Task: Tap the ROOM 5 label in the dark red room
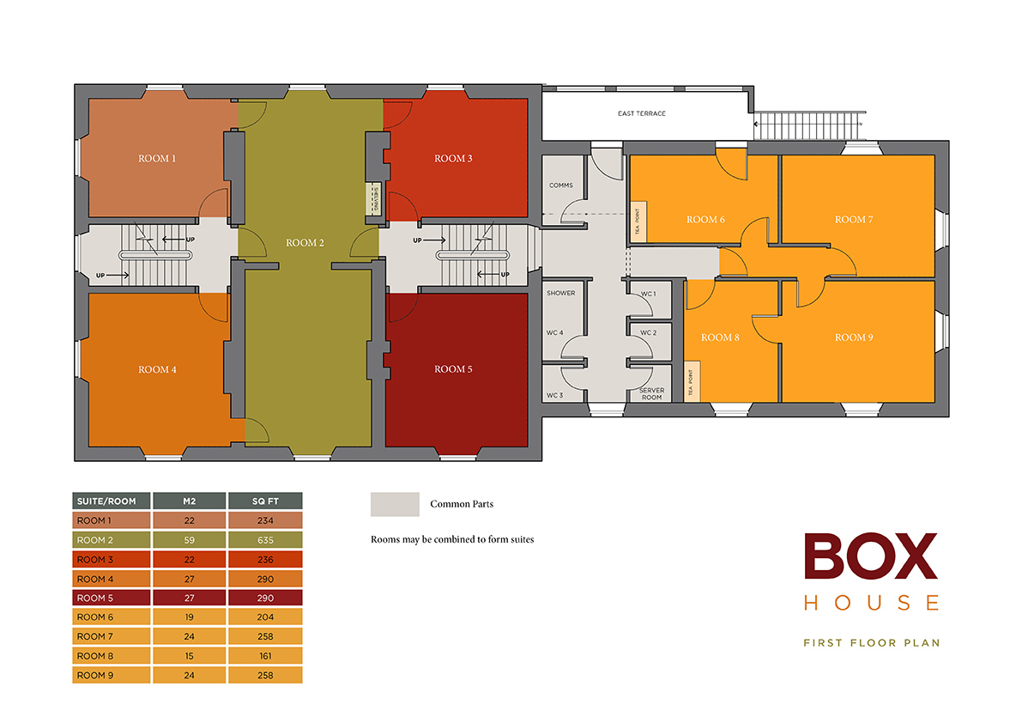click(x=453, y=369)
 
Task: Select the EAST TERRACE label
click(x=641, y=113)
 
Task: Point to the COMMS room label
click(x=560, y=185)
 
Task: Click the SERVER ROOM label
click(x=652, y=394)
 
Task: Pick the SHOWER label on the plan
click(x=560, y=294)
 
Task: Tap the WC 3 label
click(x=555, y=396)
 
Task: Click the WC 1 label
click(x=648, y=294)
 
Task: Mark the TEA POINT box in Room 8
click(x=691, y=380)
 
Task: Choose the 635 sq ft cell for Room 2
click(x=265, y=540)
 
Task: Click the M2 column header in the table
click(x=189, y=501)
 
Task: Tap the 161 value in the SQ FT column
click(x=265, y=656)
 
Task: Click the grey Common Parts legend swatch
click(x=394, y=504)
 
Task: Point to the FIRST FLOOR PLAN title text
click(x=871, y=642)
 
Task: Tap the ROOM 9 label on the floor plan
click(x=854, y=337)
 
